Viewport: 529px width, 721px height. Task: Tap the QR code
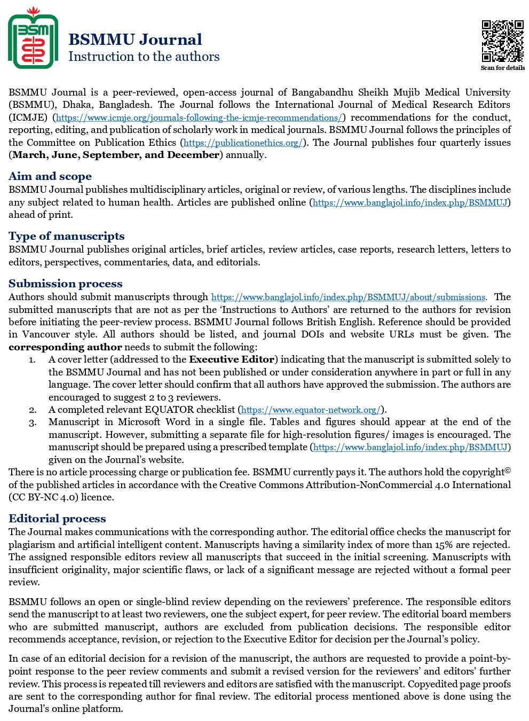[x=502, y=41]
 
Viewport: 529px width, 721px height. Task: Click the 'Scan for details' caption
[x=502, y=68]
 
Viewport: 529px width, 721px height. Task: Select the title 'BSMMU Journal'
[x=135, y=40]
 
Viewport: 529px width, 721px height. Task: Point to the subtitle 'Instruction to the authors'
[x=144, y=57]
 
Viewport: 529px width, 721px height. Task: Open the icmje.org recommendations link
[x=199, y=117]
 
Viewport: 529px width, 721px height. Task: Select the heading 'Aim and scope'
[x=50, y=176]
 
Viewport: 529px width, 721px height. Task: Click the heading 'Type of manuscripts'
[x=66, y=236]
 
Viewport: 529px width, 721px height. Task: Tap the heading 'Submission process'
[x=65, y=284]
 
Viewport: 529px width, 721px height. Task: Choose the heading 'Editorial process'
[x=57, y=519]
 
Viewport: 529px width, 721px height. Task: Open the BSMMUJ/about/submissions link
[x=348, y=297]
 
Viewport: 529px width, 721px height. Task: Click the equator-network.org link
[x=311, y=410]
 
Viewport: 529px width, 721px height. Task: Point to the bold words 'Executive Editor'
[x=232, y=359]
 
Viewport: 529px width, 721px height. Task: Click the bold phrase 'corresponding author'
[x=65, y=347]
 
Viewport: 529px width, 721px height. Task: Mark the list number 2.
[x=33, y=410]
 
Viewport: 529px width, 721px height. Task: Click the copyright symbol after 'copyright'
[x=508, y=471]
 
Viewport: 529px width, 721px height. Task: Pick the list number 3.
[x=33, y=422]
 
